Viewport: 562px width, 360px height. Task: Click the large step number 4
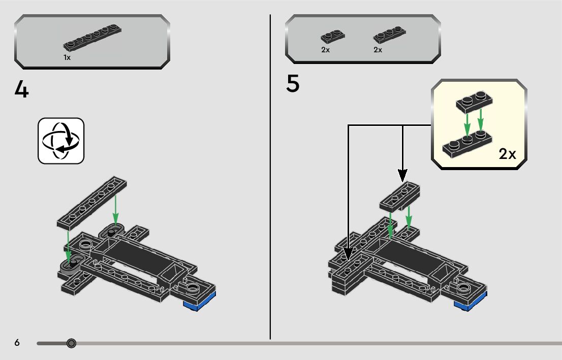click(x=21, y=89)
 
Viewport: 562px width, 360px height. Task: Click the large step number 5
click(x=293, y=83)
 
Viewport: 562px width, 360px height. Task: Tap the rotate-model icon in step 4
click(x=61, y=141)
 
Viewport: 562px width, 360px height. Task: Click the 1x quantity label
click(x=67, y=57)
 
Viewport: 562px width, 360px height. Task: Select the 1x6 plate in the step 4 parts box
click(x=92, y=37)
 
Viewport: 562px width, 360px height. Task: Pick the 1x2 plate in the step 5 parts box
click(x=333, y=36)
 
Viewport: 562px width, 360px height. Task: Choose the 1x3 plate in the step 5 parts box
click(x=389, y=35)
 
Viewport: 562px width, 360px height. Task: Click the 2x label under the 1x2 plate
click(x=325, y=50)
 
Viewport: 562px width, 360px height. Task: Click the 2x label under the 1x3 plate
click(x=378, y=50)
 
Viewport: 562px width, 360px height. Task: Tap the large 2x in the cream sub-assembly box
click(x=507, y=154)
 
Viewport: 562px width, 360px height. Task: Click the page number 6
click(x=17, y=343)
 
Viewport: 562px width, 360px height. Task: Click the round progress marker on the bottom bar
click(x=71, y=344)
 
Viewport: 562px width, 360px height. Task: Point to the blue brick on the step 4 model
click(x=200, y=302)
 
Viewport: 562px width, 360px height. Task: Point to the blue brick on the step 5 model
click(x=471, y=302)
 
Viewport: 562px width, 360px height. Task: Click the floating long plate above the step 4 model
click(x=92, y=203)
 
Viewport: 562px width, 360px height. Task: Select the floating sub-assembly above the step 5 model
click(x=399, y=197)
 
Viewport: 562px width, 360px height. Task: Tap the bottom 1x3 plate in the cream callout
click(x=467, y=144)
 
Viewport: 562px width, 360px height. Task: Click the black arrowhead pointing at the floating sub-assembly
click(x=402, y=176)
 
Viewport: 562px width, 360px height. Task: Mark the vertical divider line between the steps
click(x=270, y=177)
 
